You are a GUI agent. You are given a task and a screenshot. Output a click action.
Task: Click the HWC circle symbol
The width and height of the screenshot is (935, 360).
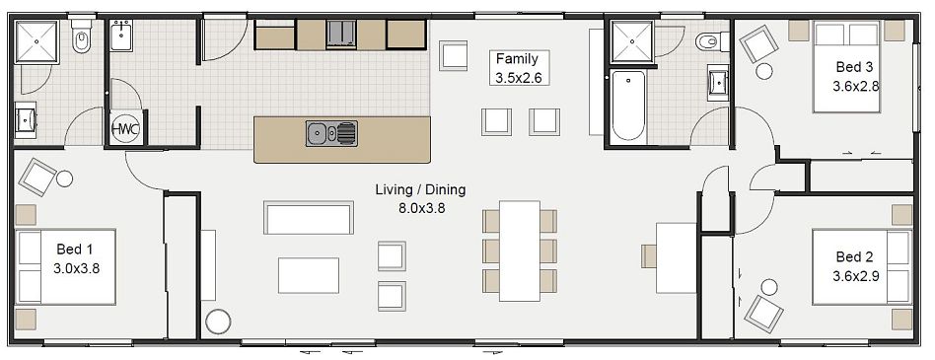pyautogui.click(x=125, y=129)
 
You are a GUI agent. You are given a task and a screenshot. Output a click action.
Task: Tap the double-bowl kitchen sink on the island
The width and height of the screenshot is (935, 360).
pyautogui.click(x=330, y=132)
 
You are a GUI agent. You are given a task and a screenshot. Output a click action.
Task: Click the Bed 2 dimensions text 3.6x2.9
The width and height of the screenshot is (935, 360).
pyautogui.click(x=855, y=276)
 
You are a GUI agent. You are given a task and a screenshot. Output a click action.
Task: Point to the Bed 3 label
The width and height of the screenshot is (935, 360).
pyautogui.click(x=854, y=67)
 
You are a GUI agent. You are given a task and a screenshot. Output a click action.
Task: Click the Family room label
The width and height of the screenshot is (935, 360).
pyautogui.click(x=517, y=59)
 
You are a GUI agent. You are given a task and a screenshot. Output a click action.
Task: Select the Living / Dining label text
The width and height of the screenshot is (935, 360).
pyautogui.click(x=420, y=189)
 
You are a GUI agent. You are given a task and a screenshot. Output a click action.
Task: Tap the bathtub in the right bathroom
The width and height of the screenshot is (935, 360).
pyautogui.click(x=627, y=107)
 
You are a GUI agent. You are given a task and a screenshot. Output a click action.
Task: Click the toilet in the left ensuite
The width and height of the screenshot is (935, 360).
pyautogui.click(x=83, y=40)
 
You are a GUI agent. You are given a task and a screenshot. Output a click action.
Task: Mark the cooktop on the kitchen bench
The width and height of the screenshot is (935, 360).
pyautogui.click(x=341, y=34)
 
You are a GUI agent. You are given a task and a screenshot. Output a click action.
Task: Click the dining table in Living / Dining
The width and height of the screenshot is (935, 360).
pyautogui.click(x=519, y=251)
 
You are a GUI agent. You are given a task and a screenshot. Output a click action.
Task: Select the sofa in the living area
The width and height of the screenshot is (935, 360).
pyautogui.click(x=308, y=217)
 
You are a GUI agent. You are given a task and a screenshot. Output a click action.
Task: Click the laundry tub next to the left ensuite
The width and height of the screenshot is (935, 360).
pyautogui.click(x=124, y=38)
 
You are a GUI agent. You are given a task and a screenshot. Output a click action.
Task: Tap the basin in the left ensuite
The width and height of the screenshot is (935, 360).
pyautogui.click(x=25, y=119)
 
